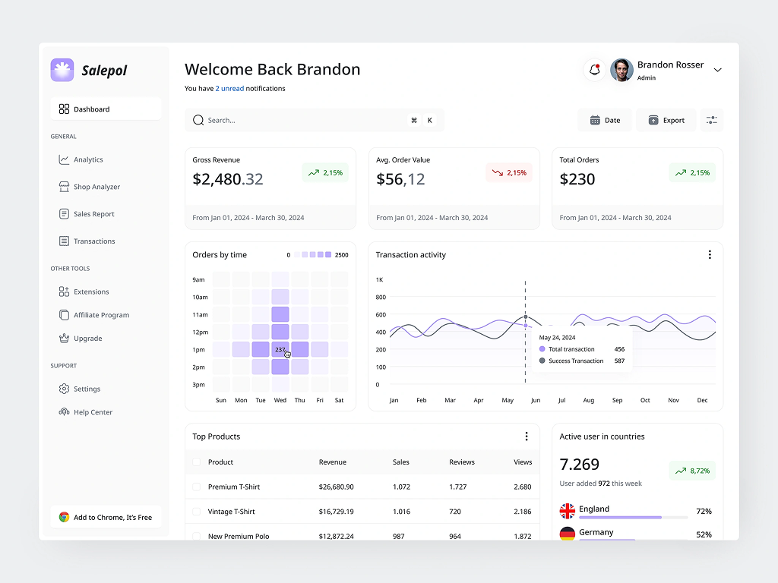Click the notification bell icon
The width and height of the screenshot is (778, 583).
pos(594,70)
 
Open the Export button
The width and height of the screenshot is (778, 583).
pos(666,120)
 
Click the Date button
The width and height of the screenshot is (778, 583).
pos(605,120)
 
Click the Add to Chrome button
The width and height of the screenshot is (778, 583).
pos(106,517)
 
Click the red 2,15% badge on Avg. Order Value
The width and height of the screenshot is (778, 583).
pos(509,172)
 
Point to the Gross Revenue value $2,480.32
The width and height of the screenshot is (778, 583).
pos(228,179)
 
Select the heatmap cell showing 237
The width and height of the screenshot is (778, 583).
pos(280,349)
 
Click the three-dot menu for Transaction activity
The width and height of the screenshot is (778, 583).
pos(710,255)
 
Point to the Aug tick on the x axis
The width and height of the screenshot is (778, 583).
pos(589,400)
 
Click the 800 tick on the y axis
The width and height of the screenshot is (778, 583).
pos(381,297)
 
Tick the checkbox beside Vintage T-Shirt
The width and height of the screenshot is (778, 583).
pos(197,512)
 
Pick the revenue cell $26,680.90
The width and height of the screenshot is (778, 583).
pos(337,487)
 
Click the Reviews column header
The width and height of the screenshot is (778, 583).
pos(462,462)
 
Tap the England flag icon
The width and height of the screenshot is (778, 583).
pos(567,511)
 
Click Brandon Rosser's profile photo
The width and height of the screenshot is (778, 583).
pos(621,70)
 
